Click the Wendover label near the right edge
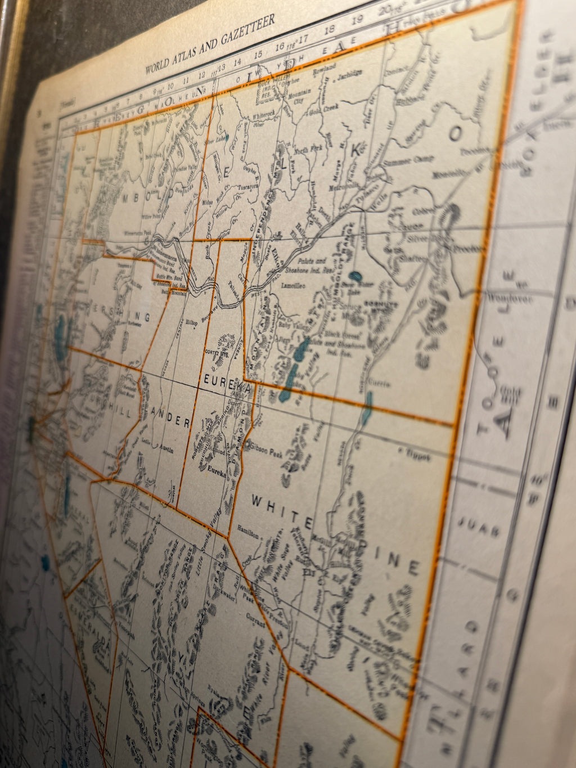click(x=510, y=299)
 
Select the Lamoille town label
click(x=292, y=286)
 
